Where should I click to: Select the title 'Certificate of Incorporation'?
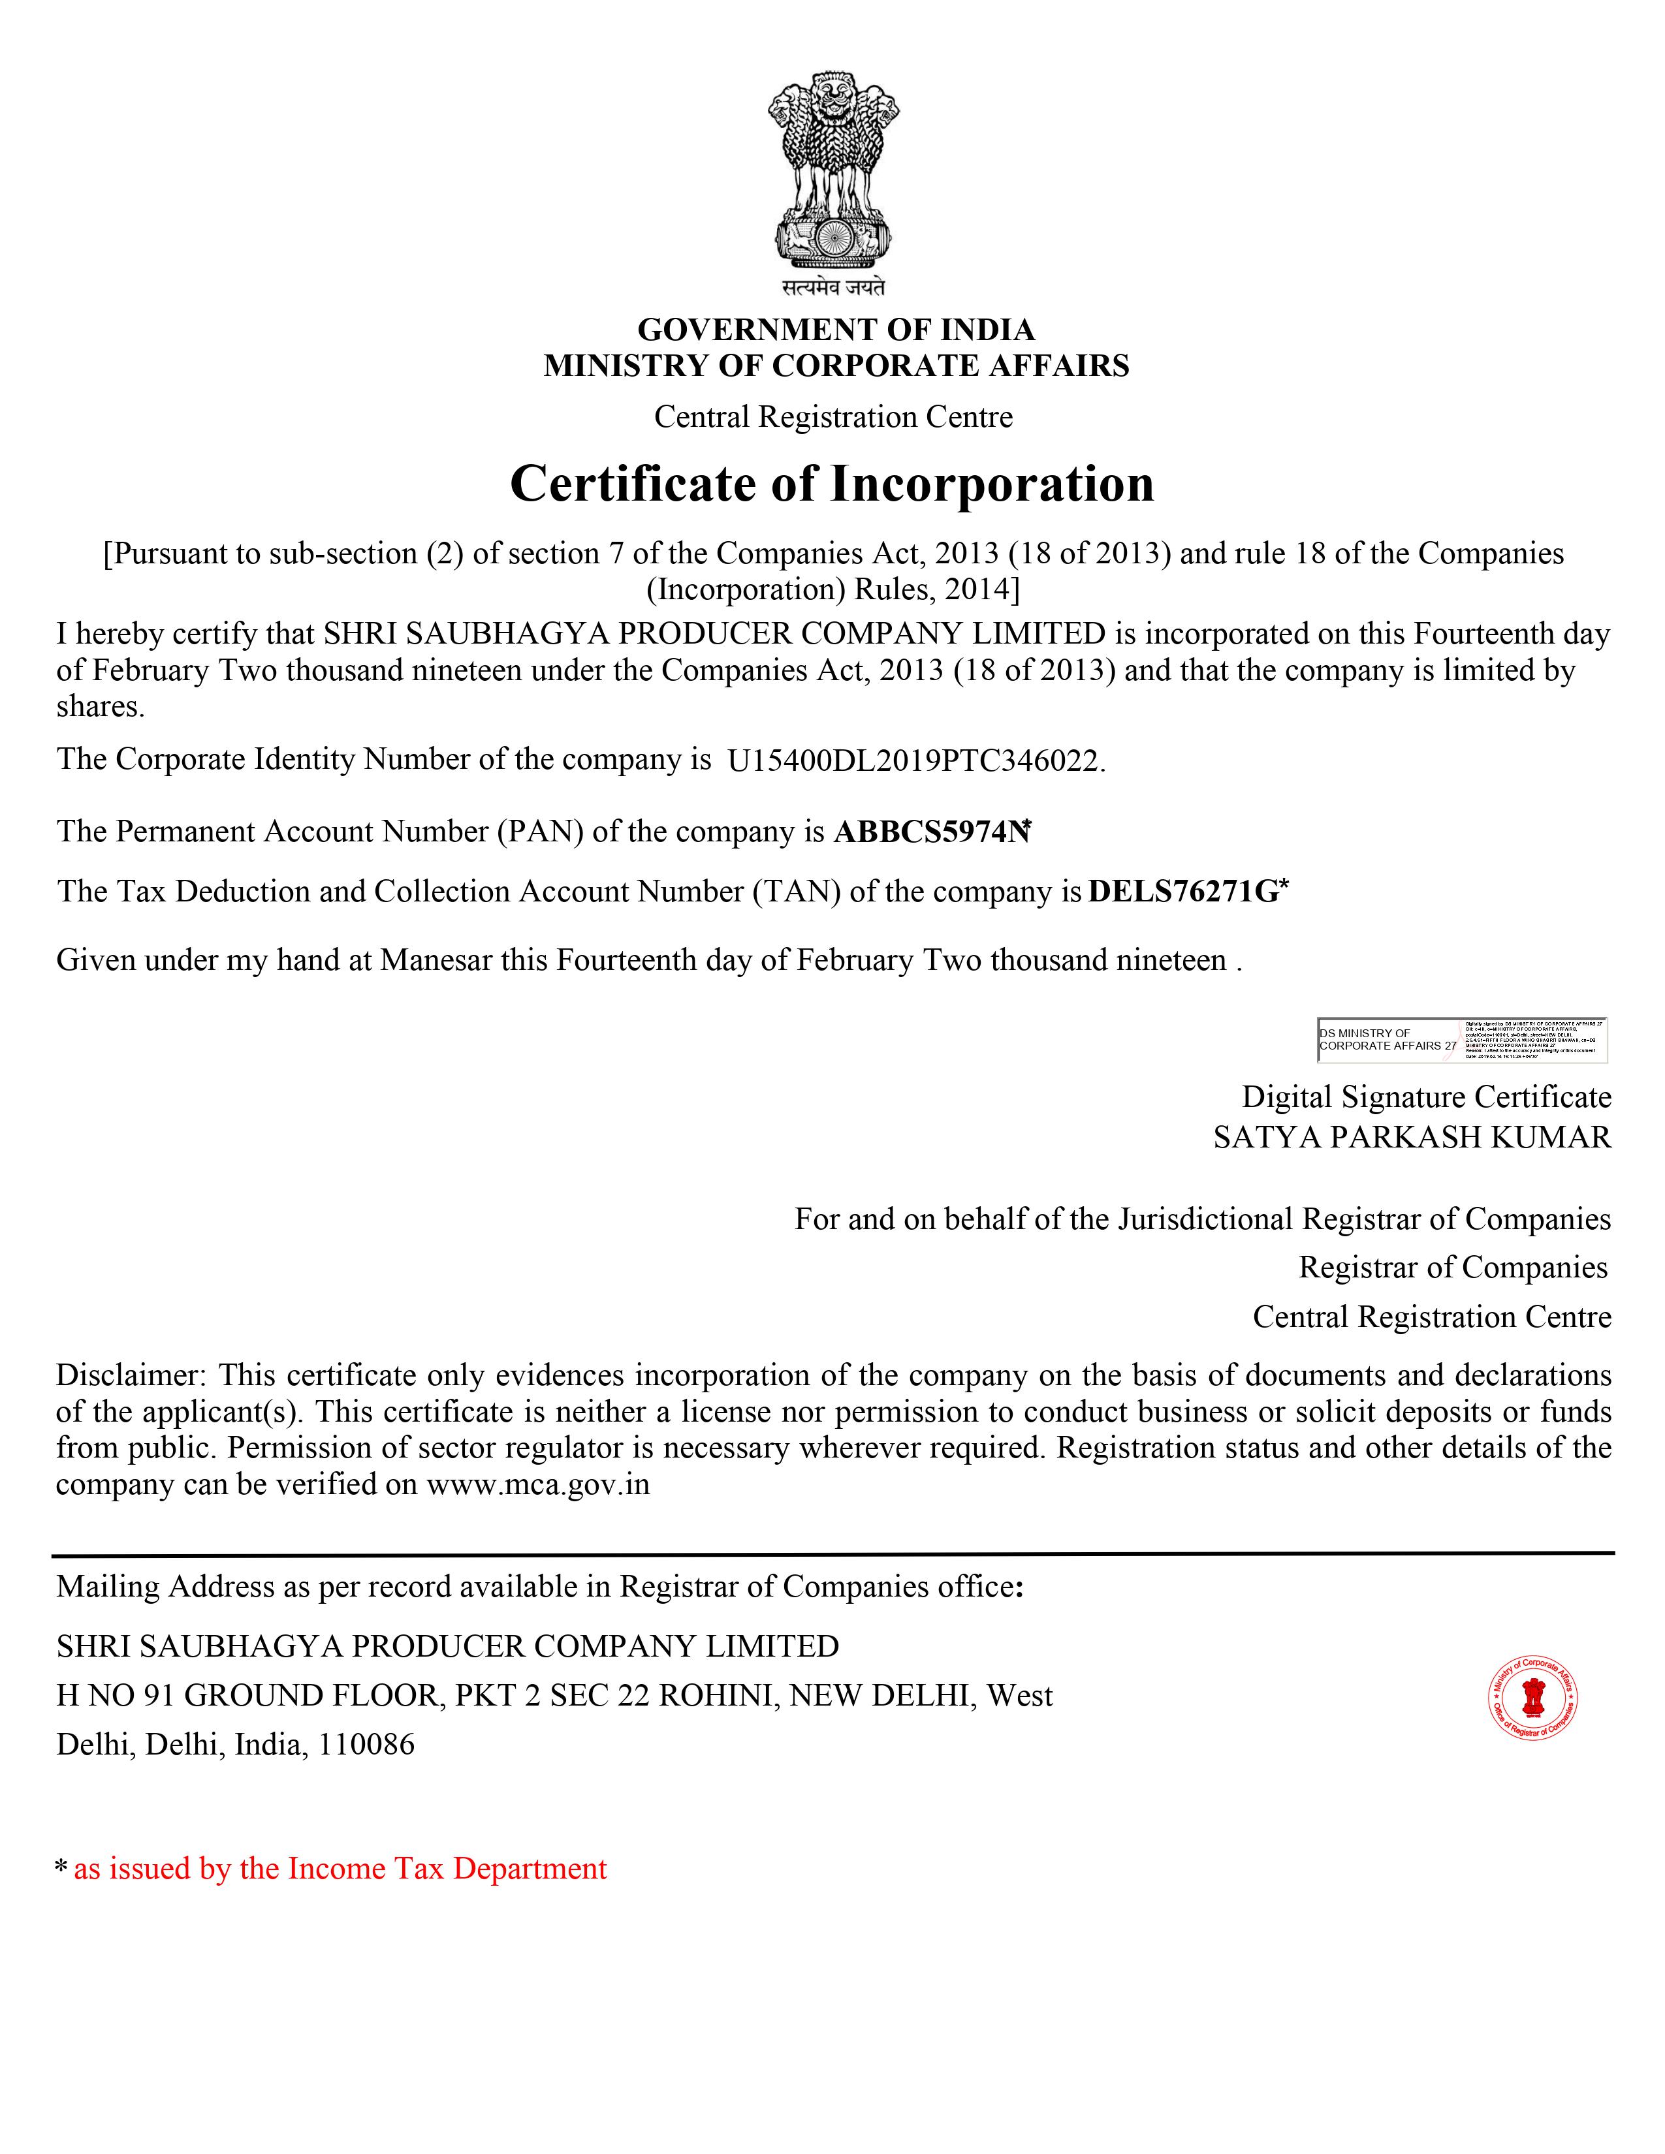pos(831,484)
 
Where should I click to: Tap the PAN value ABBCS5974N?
pos(931,832)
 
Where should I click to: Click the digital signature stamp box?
pos(1462,1040)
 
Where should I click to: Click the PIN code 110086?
pos(366,1745)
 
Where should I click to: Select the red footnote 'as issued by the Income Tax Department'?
pos(340,1869)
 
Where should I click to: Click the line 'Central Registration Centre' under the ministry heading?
pos(834,417)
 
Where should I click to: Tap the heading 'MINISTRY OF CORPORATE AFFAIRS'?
pos(836,366)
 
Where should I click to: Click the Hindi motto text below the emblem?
pos(834,288)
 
